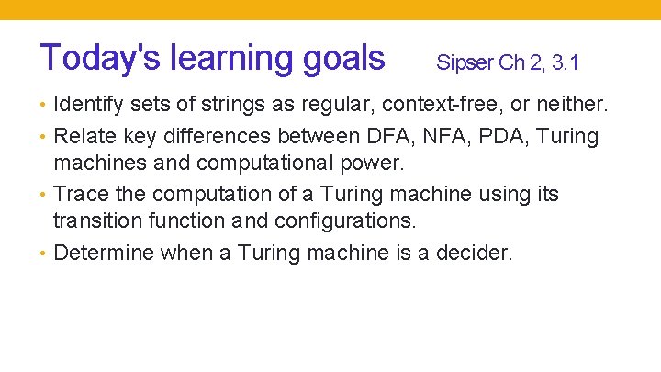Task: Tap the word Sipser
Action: coord(465,63)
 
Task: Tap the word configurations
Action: coord(335,221)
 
